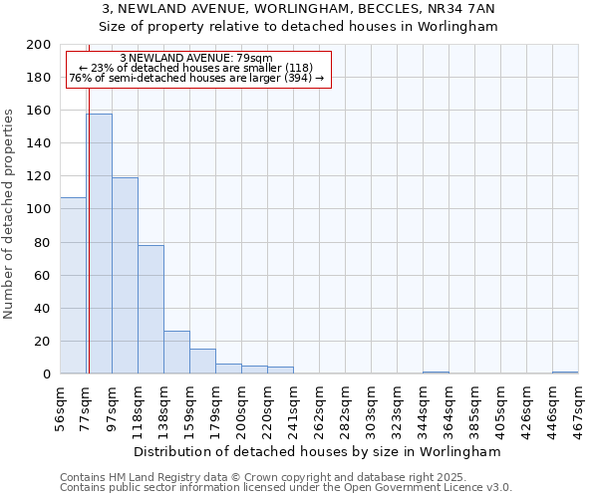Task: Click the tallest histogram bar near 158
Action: coord(99,244)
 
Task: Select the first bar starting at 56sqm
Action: coord(73,286)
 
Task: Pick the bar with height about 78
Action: coord(150,310)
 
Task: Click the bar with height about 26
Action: coord(176,353)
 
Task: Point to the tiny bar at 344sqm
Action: coord(436,373)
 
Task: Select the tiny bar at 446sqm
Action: coord(565,373)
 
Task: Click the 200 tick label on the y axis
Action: coord(39,45)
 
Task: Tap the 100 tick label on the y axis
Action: coord(39,209)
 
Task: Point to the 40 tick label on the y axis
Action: coord(43,309)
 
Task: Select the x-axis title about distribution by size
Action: coord(318,451)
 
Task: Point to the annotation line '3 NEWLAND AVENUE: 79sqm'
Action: coord(195,59)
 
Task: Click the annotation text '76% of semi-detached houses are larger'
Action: coord(195,78)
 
